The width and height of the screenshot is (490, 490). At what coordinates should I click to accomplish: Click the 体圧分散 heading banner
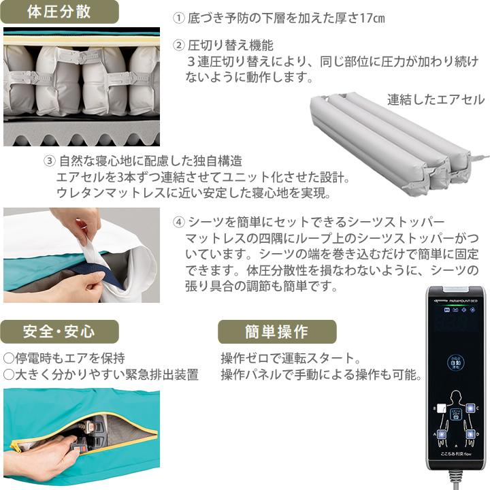pos(58,12)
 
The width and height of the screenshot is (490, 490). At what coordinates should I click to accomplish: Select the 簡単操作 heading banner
pos(277,331)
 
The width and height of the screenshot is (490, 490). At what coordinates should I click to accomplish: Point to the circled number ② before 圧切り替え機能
pos(179,46)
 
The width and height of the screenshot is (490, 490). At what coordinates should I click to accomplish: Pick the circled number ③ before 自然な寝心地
pos(49,162)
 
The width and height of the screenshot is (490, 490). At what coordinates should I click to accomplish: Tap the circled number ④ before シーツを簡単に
pos(179,222)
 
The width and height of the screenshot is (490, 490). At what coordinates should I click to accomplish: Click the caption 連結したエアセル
pos(436,99)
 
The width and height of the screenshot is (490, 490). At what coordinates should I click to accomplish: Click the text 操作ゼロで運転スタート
pos(289,358)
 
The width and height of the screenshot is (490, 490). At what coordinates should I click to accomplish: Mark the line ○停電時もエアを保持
pos(64,358)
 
